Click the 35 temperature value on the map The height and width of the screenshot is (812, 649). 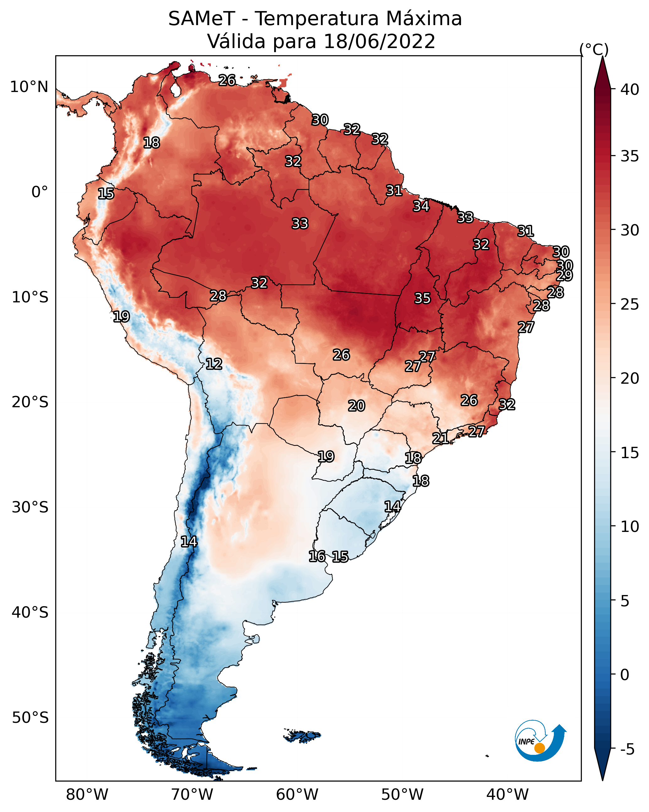pyautogui.click(x=422, y=298)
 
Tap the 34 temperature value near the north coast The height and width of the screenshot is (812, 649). pyautogui.click(x=421, y=206)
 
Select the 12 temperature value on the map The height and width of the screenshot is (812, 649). pyautogui.click(x=214, y=364)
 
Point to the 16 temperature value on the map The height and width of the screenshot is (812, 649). pyautogui.click(x=317, y=556)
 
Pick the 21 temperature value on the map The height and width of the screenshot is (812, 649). pyautogui.click(x=440, y=438)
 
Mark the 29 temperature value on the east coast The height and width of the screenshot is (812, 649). pyautogui.click(x=564, y=275)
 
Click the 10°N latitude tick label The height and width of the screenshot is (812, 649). pyautogui.click(x=29, y=87)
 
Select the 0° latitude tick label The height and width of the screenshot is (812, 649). pyautogui.click(x=40, y=192)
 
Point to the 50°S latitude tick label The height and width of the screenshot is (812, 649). pyautogui.click(x=30, y=718)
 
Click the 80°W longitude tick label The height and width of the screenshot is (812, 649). pyautogui.click(x=87, y=795)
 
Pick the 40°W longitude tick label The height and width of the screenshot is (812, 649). pyautogui.click(x=507, y=795)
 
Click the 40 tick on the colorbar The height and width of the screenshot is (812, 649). pyautogui.click(x=630, y=89)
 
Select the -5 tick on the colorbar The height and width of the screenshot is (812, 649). pyautogui.click(x=627, y=750)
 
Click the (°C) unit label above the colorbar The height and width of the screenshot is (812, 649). pyautogui.click(x=594, y=49)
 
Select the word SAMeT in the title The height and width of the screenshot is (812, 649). pyautogui.click(x=202, y=19)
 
